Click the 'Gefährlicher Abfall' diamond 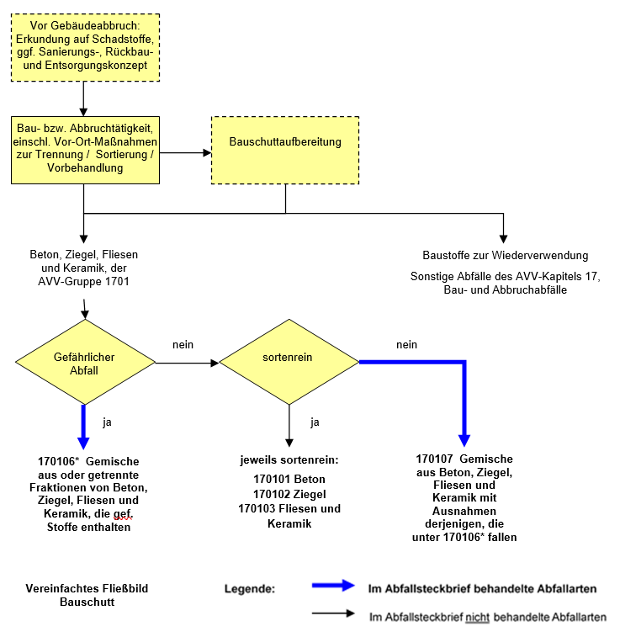click(84, 363)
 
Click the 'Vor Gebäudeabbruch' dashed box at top click(84, 48)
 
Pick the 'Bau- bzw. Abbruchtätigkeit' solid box click(84, 149)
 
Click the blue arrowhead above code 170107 click(464, 440)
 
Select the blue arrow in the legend click(331, 587)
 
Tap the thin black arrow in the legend click(331, 613)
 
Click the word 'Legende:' click(249, 588)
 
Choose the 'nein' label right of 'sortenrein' click(407, 345)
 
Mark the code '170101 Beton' click(289, 479)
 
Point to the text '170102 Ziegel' click(289, 494)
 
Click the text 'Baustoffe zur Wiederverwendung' click(505, 255)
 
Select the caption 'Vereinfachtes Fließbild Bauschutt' click(87, 595)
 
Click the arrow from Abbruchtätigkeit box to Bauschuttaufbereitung click(185, 152)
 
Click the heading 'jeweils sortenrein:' click(289, 460)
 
